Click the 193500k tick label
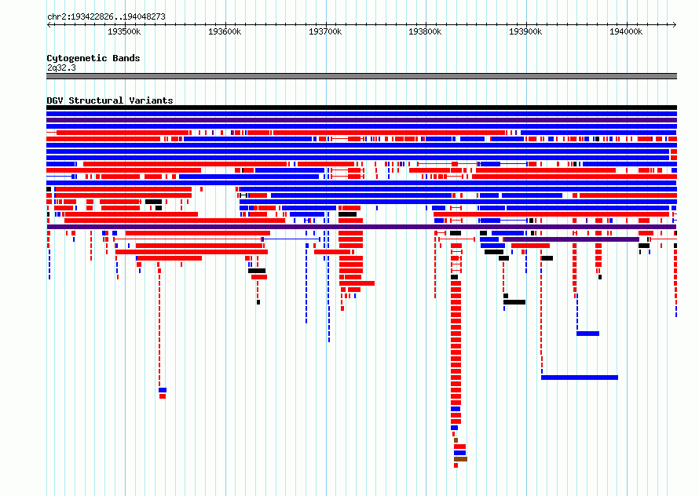(x=124, y=31)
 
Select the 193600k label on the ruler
(x=225, y=31)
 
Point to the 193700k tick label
(x=325, y=31)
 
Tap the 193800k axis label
(x=425, y=31)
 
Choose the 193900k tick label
(x=526, y=31)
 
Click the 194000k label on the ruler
(x=626, y=31)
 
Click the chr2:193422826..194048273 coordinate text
(x=106, y=17)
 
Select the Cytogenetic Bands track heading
(x=93, y=58)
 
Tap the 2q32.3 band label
(x=61, y=67)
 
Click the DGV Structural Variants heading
(x=110, y=100)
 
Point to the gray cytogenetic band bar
(x=361, y=76)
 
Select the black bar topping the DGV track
(x=361, y=108)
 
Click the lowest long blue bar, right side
(x=580, y=377)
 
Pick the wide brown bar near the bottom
(x=460, y=459)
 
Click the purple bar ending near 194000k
(x=572, y=239)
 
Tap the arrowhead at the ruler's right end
(x=675, y=24)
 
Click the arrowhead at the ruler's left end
(x=49, y=24)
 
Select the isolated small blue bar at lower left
(x=163, y=390)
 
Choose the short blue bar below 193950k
(x=588, y=334)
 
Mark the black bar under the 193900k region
(x=514, y=302)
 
